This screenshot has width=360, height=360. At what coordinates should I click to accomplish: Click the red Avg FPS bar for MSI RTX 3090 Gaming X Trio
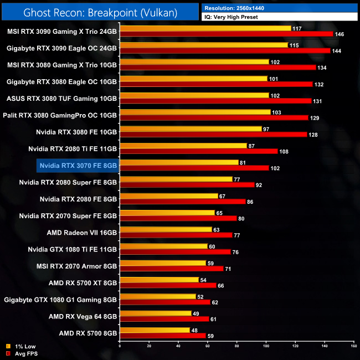tap(226, 34)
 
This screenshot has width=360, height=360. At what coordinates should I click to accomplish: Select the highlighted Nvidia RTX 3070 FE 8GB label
tap(78, 165)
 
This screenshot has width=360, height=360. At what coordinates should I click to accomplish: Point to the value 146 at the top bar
tap(340, 34)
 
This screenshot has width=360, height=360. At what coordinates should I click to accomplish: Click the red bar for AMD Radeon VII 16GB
tap(177, 235)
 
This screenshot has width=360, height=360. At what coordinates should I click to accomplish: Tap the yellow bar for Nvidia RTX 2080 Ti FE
tap(183, 145)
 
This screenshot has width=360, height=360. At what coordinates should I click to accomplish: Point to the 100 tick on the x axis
tap(266, 346)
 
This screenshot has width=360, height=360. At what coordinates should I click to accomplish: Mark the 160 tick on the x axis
tap(353, 346)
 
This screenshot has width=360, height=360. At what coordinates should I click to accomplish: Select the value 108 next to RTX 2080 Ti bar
tap(285, 151)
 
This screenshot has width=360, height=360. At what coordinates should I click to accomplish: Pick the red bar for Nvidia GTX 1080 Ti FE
tap(175, 251)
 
